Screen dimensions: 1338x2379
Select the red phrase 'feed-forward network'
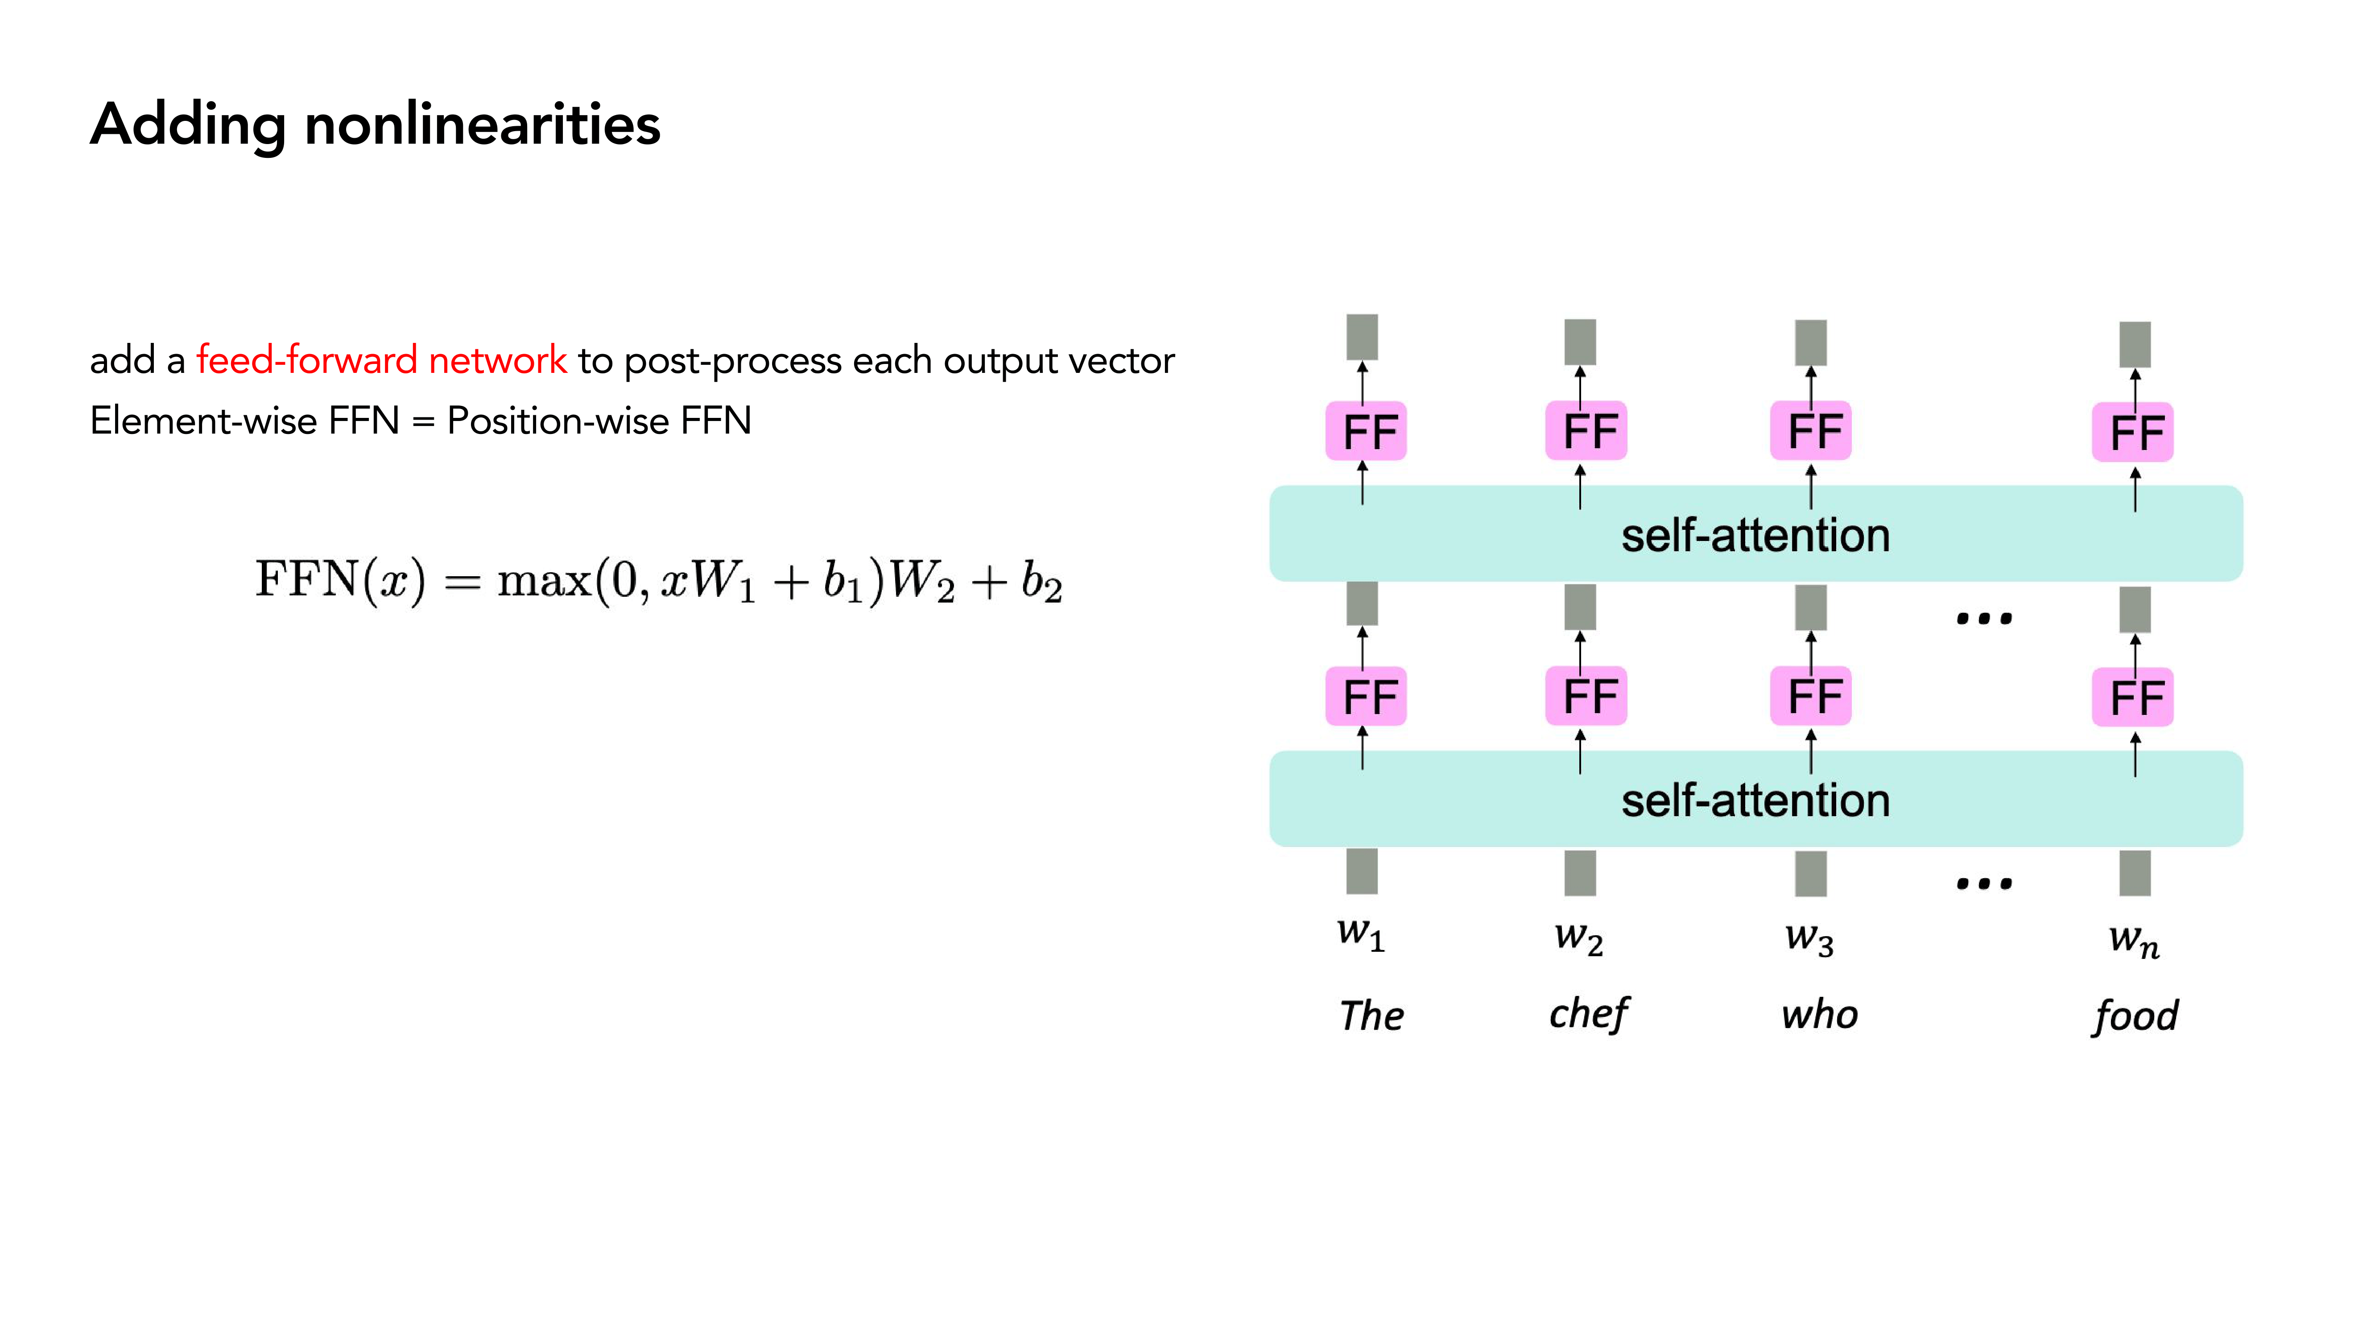[x=381, y=360]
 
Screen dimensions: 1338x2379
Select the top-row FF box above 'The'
[x=1366, y=431]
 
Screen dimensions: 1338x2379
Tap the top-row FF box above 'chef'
[x=1586, y=431]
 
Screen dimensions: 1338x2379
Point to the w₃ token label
[x=1808, y=938]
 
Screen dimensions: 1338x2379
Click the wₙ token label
[x=2133, y=940]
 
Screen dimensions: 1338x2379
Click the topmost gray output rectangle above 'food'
[x=2134, y=344]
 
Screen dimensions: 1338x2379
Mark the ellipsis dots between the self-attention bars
[x=1984, y=618]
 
